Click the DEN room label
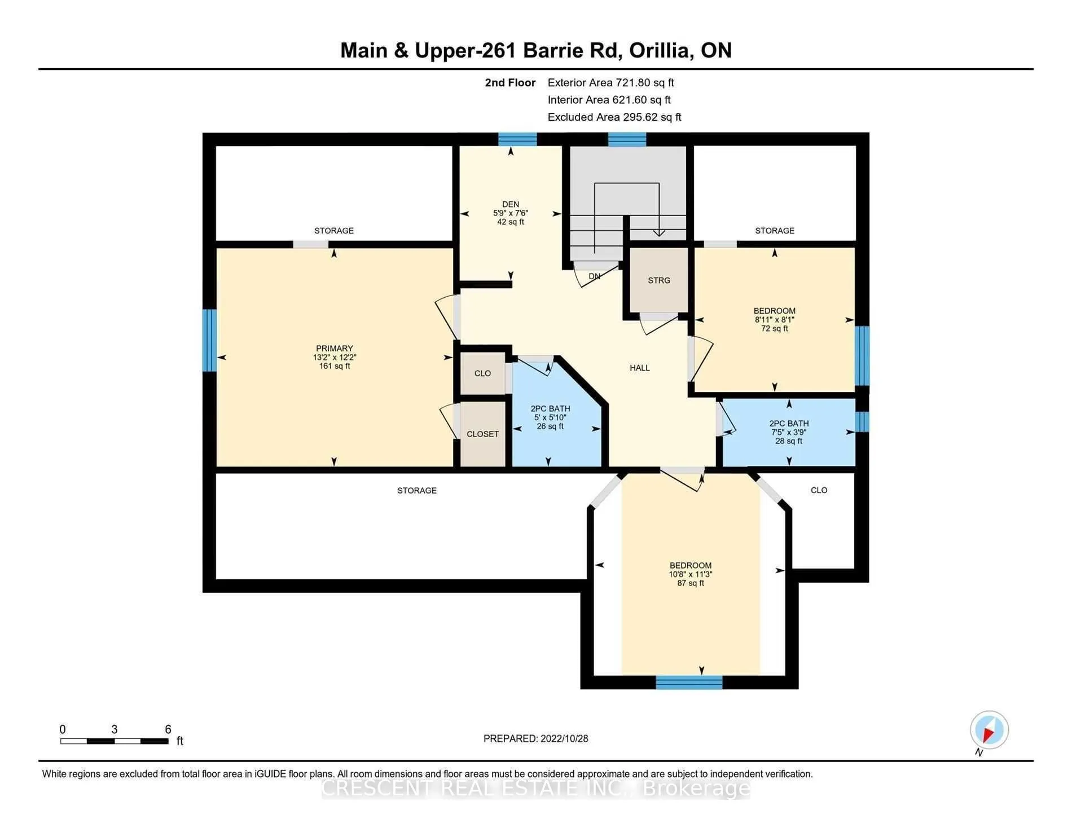click(511, 204)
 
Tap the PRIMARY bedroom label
click(335, 349)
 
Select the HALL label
click(640, 368)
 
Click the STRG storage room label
click(659, 280)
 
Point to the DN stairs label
click(594, 276)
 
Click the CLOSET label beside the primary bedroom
click(483, 434)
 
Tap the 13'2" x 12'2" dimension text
click(335, 357)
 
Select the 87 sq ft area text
click(691, 583)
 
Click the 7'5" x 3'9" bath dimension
click(789, 432)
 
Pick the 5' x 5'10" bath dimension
click(550, 417)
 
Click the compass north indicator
click(989, 730)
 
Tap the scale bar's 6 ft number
click(168, 729)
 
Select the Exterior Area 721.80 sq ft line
click(611, 82)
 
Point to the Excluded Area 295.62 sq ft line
click(614, 117)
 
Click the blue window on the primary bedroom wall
click(209, 340)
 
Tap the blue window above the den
click(517, 139)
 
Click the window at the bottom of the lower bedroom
click(689, 682)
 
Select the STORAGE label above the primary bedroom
click(334, 231)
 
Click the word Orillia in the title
click(661, 50)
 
